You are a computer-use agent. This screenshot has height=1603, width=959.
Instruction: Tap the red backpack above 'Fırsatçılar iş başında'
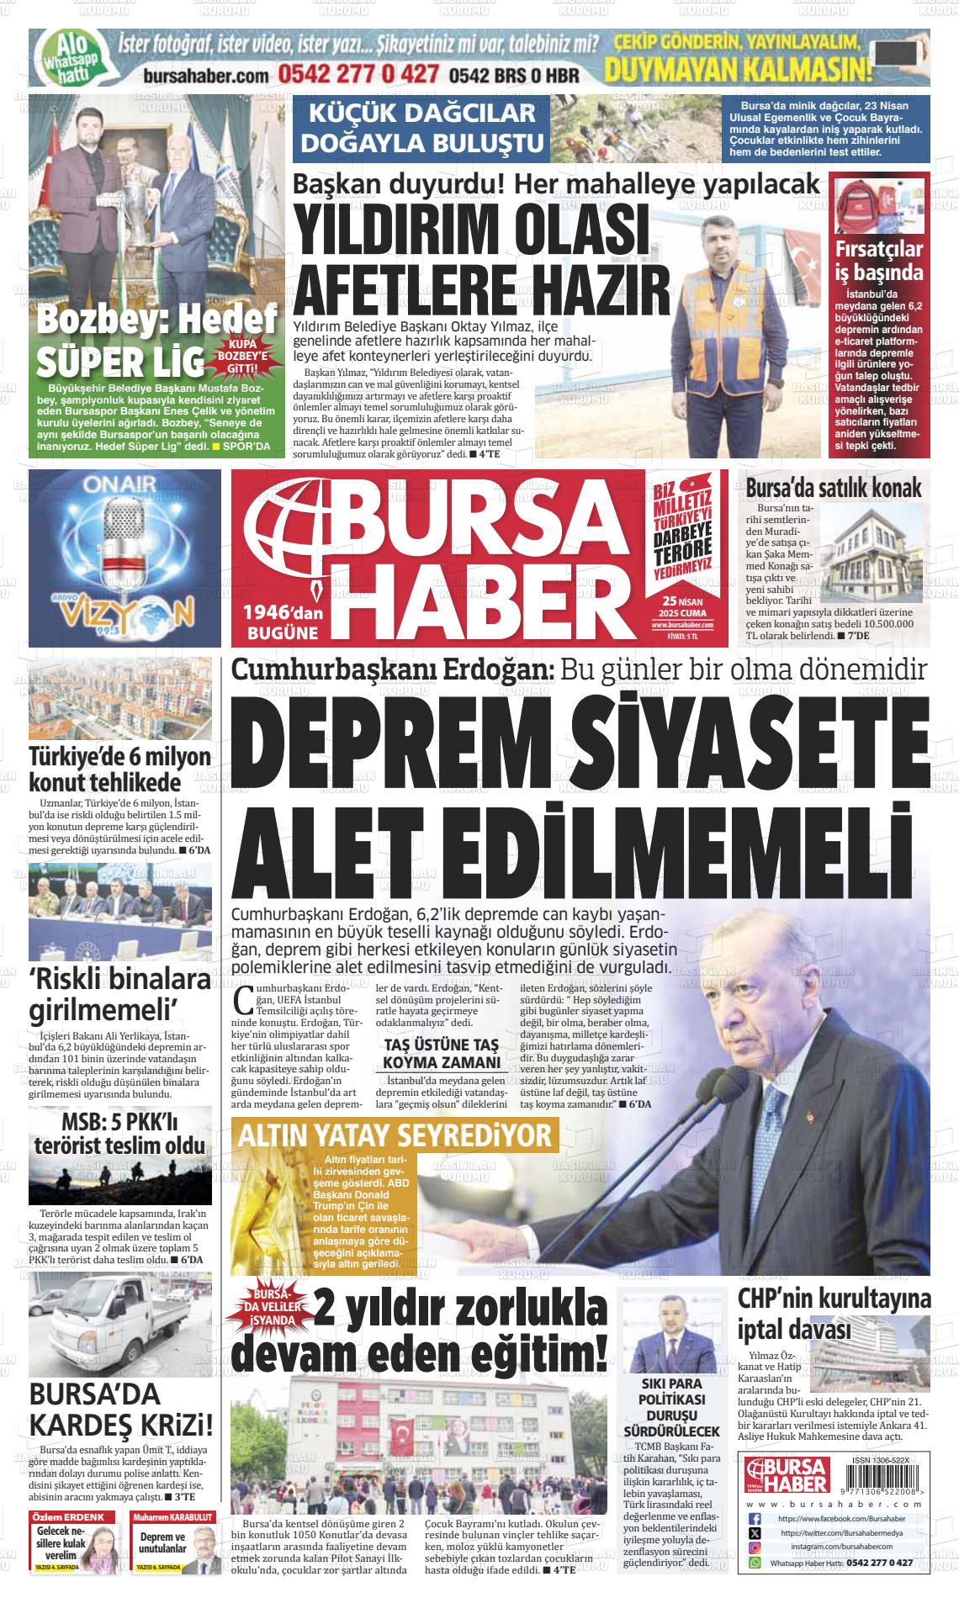(x=852, y=204)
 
